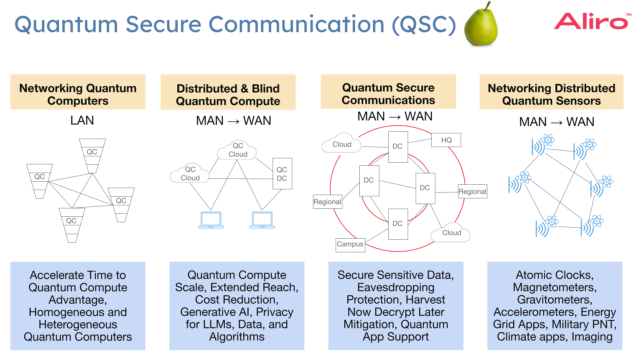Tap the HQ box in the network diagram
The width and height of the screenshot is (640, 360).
446,140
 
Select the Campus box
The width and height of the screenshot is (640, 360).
350,245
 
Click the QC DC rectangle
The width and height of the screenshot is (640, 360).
282,174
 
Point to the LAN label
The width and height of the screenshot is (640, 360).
82,120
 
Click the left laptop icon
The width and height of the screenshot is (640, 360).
211,220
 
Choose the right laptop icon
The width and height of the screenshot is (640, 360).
262,220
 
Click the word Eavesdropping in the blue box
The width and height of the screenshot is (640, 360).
396,287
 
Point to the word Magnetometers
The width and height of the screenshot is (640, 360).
555,287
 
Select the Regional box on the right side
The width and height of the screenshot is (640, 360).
472,192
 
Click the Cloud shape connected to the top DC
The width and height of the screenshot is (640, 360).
342,144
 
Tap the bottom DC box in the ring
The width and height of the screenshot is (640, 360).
398,224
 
